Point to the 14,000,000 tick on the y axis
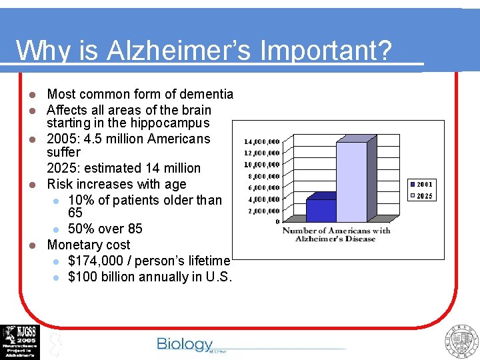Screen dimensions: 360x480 [262, 142]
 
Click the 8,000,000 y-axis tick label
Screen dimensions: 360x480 [265, 177]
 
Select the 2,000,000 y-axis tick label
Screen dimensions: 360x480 [265, 211]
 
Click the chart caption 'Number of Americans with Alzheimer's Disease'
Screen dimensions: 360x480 [337, 235]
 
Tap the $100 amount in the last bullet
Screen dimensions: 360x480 [83, 277]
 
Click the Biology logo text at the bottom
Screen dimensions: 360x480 [184, 344]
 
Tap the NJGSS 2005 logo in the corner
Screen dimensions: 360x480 [20, 341]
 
